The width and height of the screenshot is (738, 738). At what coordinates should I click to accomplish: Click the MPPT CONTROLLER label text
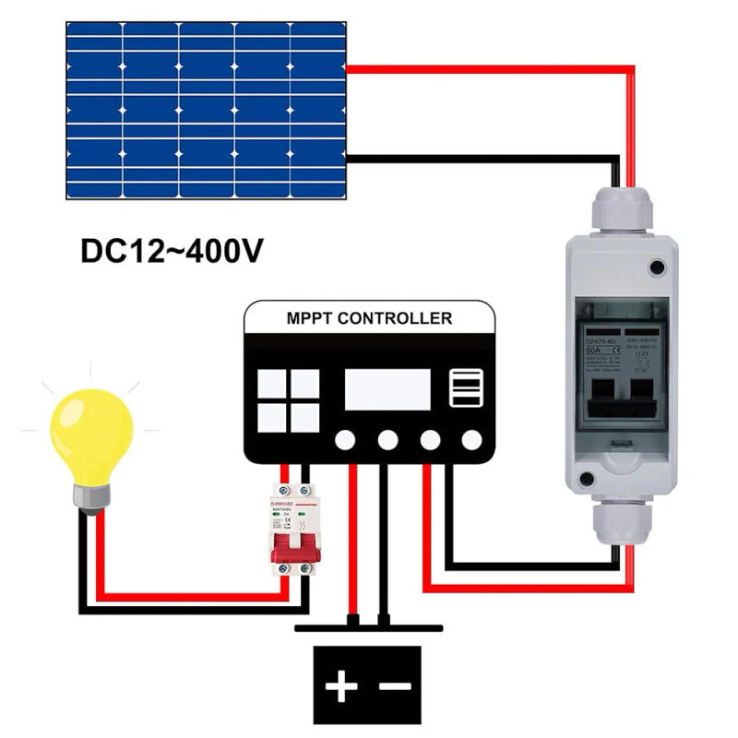point(369,319)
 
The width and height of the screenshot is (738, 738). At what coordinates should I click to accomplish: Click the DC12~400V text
point(172,251)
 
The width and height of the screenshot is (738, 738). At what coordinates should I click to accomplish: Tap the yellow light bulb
point(90,435)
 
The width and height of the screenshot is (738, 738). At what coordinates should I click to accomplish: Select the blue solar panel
point(206,110)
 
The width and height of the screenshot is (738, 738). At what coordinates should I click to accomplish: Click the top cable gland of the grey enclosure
point(620,211)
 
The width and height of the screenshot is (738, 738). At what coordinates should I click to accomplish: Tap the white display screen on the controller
point(387,389)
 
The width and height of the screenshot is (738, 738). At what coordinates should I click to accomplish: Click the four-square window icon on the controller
point(288,400)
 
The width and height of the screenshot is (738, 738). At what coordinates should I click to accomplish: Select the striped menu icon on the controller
point(465,388)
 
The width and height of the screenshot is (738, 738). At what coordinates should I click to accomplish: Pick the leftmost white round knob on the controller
point(345,440)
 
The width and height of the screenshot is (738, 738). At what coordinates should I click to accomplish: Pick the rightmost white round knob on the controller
point(471,440)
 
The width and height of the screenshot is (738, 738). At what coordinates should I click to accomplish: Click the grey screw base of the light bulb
point(91,498)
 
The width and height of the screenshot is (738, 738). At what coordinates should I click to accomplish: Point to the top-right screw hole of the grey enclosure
point(657,268)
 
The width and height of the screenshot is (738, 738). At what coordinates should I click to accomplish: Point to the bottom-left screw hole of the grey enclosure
point(585,479)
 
